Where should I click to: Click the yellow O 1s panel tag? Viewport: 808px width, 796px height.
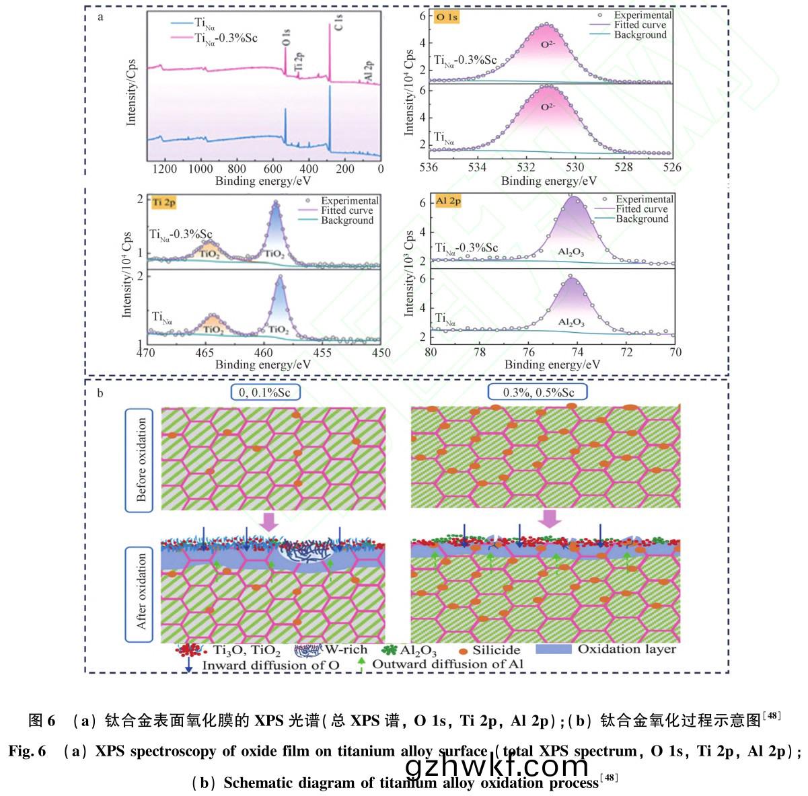click(447, 17)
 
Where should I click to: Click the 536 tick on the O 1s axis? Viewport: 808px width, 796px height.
click(429, 167)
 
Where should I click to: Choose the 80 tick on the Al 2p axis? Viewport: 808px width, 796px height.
click(431, 352)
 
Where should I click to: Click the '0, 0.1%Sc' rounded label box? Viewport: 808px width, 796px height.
click(263, 392)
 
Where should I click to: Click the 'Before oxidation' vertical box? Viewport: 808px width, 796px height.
click(141, 460)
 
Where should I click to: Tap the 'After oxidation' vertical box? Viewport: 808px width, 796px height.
click(141, 592)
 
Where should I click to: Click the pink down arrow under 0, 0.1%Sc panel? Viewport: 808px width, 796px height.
click(268, 521)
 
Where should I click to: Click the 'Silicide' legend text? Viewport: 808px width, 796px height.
click(496, 650)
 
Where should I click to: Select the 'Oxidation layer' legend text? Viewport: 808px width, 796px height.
click(626, 649)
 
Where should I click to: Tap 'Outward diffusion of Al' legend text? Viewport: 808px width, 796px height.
click(447, 664)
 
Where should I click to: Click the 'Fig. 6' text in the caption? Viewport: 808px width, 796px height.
click(28, 752)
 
